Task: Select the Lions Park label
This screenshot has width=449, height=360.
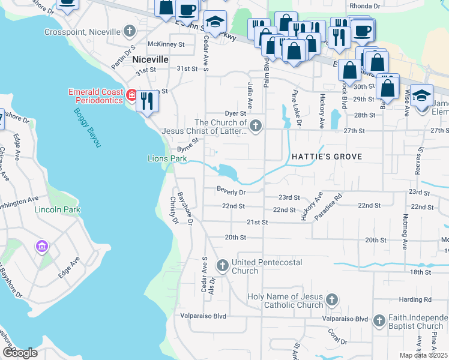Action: tap(166, 158)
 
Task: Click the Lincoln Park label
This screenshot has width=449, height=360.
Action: tap(58, 209)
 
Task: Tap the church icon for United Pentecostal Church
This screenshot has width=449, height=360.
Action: tap(222, 265)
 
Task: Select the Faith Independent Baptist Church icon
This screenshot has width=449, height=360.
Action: tap(379, 321)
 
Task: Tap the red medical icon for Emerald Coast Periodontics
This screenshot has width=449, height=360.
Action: tap(131, 95)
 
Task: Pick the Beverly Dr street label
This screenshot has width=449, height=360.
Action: tap(231, 192)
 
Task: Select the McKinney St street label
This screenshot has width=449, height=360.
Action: tap(166, 44)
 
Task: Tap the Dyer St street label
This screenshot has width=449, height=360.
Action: tap(235, 113)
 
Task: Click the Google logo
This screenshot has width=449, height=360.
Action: tap(20, 353)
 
